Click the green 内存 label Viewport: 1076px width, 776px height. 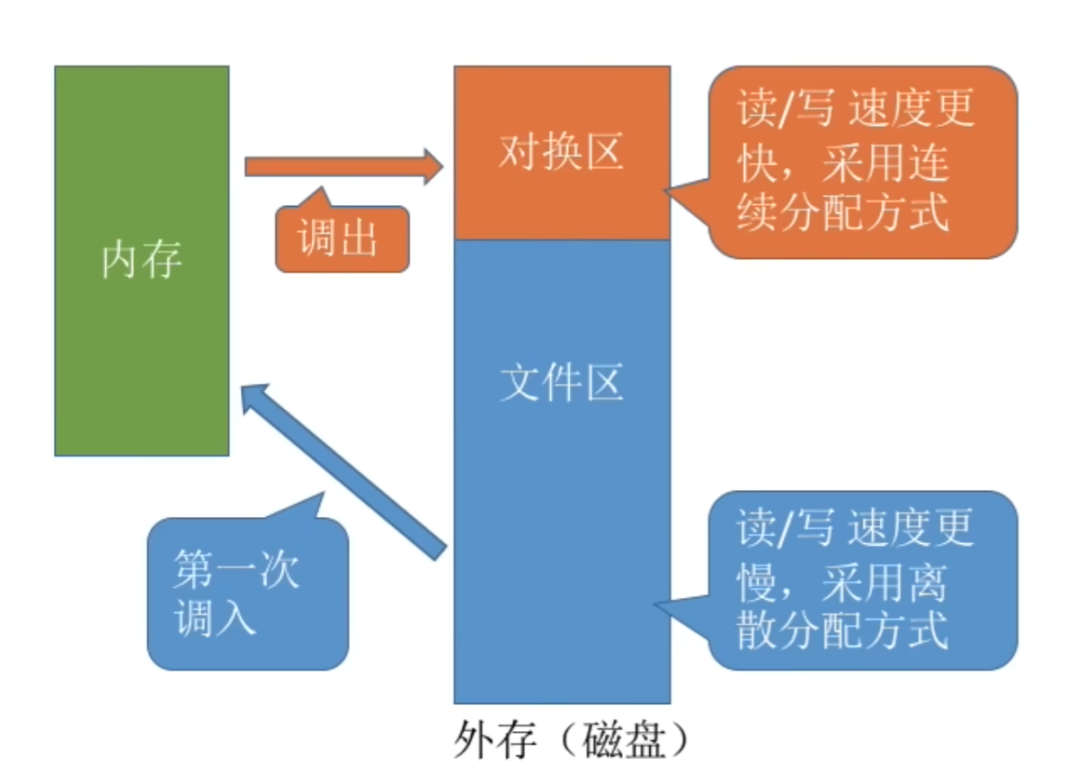pos(141,261)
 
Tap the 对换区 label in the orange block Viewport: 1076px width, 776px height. pos(561,153)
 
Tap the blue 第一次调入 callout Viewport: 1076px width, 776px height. pos(246,593)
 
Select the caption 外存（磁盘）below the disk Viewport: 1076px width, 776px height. pos(572,743)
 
